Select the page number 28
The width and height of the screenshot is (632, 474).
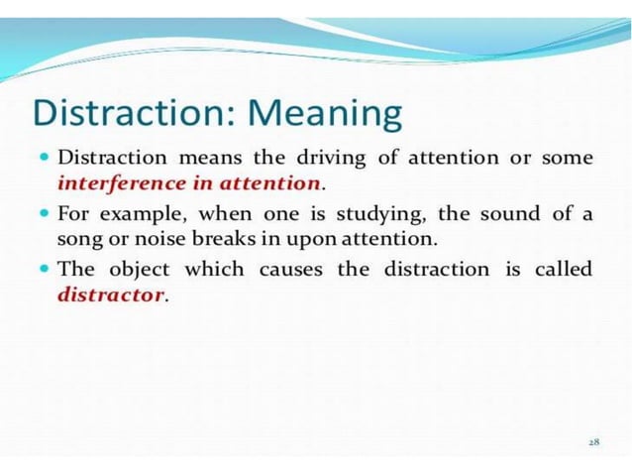point(593,441)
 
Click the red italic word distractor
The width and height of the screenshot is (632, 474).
point(111,295)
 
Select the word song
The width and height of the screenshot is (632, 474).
point(78,239)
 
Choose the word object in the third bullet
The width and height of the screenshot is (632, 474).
point(137,269)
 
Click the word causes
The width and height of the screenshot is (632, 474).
point(291,269)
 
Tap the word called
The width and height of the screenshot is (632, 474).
point(564,269)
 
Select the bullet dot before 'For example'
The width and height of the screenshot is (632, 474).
point(47,213)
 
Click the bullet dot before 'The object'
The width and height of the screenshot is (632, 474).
point(47,269)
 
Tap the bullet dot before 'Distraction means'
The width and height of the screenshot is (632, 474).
point(47,158)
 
